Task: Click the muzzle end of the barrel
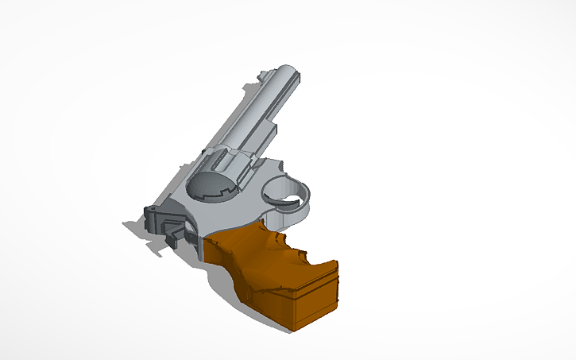tap(286, 74)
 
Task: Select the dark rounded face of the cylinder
tap(213, 188)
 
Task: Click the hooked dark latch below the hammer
tap(174, 235)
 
